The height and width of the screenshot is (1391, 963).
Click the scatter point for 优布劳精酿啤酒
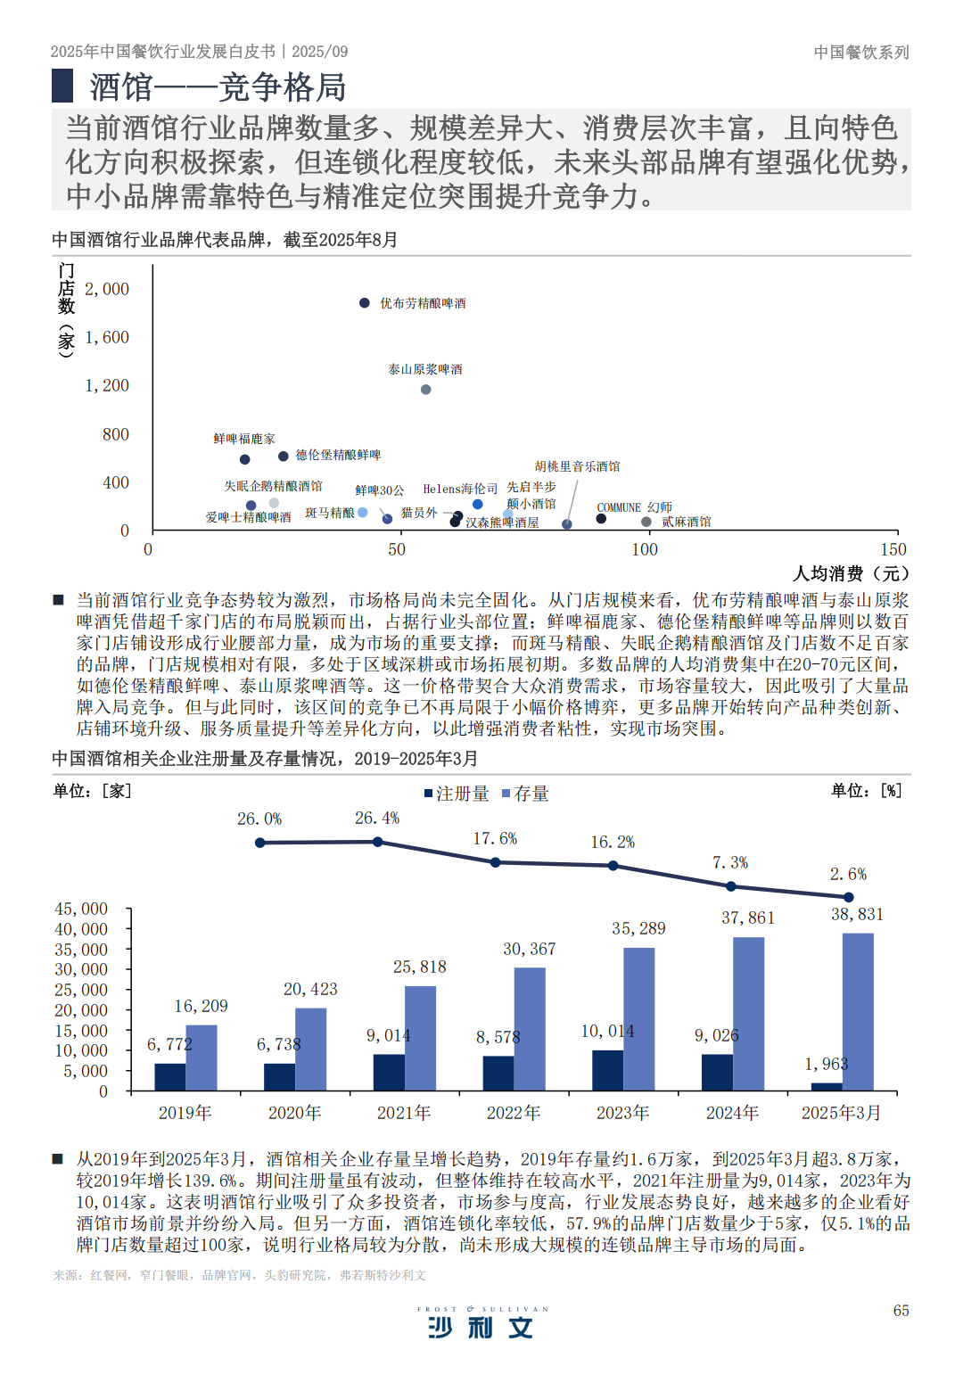click(365, 303)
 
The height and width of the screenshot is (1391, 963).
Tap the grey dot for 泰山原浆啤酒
click(426, 390)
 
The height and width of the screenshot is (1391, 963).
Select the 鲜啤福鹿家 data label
click(244, 439)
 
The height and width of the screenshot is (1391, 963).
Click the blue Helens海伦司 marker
click(478, 505)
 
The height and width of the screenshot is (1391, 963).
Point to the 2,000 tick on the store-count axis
click(107, 289)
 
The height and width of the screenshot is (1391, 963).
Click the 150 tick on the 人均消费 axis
click(893, 549)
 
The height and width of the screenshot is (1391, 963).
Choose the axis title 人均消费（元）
click(851, 573)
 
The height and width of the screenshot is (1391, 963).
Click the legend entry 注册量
click(457, 794)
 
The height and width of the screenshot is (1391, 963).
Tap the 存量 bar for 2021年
click(420, 1038)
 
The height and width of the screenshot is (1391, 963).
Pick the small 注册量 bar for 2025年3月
click(827, 1086)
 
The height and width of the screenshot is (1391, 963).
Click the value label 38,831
click(857, 914)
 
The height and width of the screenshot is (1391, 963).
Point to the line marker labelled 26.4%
click(378, 842)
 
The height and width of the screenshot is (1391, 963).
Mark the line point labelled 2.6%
click(849, 897)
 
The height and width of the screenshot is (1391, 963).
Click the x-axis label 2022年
click(514, 1113)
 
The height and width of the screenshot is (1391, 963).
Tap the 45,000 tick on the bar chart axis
click(81, 909)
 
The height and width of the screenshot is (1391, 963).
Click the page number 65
click(901, 1310)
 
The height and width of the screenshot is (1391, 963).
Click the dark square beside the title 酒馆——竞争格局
click(62, 86)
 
